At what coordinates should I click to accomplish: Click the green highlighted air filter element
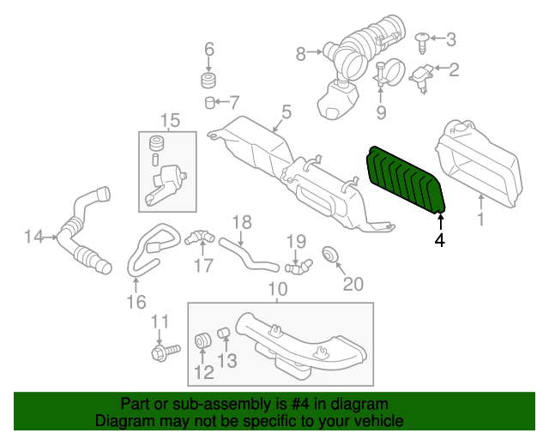406,179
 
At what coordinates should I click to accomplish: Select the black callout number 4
439,240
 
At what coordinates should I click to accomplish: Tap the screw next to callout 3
423,43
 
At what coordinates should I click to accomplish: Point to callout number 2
454,69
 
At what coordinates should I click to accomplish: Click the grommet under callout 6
208,81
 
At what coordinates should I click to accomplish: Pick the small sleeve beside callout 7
209,103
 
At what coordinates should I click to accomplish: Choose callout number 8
301,54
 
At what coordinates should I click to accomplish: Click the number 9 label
381,112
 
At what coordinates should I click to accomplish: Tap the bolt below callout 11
166,352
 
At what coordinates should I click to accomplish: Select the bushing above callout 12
202,340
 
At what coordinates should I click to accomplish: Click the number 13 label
227,361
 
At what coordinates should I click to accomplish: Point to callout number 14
34,237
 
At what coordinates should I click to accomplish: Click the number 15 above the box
170,120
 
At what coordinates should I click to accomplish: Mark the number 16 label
136,302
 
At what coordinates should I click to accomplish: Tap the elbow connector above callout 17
200,237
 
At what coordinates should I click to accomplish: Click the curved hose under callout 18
249,256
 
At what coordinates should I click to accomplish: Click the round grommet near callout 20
329,255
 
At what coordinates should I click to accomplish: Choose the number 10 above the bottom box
278,289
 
